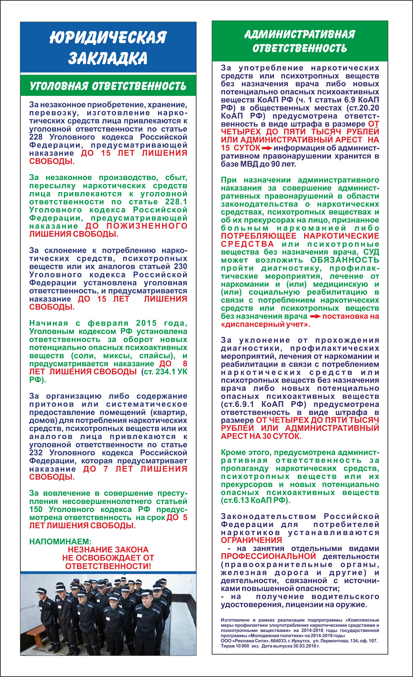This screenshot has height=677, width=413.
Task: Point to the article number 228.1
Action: pos(176,202)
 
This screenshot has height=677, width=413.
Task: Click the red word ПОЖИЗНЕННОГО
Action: pos(147,226)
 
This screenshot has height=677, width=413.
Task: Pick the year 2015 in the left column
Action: pos(146,323)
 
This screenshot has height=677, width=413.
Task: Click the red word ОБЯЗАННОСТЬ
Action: pos(345,260)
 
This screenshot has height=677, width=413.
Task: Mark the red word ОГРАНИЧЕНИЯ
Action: pos(251,540)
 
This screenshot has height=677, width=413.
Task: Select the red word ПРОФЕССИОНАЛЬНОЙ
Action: pos(268,556)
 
